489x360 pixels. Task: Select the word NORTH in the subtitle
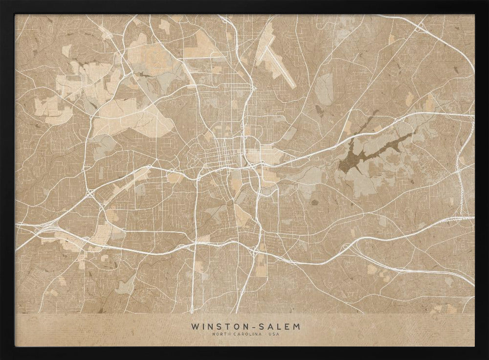pyautogui.click(x=221, y=334)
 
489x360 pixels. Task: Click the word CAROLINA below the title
pyautogui.click(x=244, y=334)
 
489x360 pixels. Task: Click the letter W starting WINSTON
pyautogui.click(x=195, y=326)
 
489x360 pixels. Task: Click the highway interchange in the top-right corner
pyautogui.click(x=421, y=27)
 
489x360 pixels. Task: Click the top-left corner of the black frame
pyautogui.click(x=3, y=3)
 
